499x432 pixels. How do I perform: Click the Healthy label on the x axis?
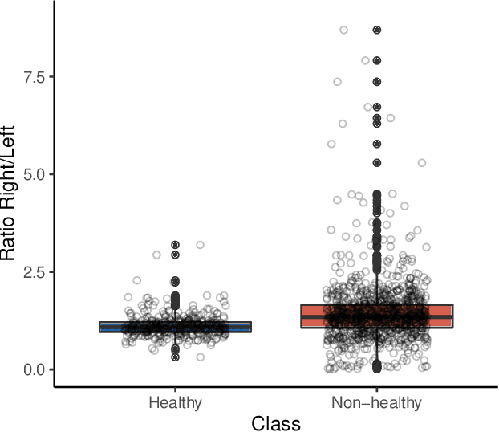pyautogui.click(x=175, y=402)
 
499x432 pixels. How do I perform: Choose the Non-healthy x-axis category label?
pyautogui.click(x=376, y=402)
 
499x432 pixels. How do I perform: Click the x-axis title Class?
pyautogui.click(x=275, y=422)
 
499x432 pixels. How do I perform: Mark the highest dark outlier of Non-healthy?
pyautogui.click(x=376, y=30)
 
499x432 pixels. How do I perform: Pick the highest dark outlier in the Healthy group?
pyautogui.click(x=175, y=244)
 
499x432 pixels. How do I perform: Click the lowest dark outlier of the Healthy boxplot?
pyautogui.click(x=175, y=357)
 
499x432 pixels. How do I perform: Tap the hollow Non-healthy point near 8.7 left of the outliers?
pyautogui.click(x=343, y=30)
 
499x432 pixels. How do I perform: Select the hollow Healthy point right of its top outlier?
pyautogui.click(x=200, y=244)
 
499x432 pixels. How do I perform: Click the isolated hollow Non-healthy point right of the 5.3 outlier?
pyautogui.click(x=421, y=163)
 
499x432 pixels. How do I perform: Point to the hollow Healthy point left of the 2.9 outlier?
pyautogui.click(x=156, y=255)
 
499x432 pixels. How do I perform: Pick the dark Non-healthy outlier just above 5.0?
pyautogui.click(x=376, y=163)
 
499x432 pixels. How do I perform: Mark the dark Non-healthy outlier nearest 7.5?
pyautogui.click(x=376, y=81)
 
